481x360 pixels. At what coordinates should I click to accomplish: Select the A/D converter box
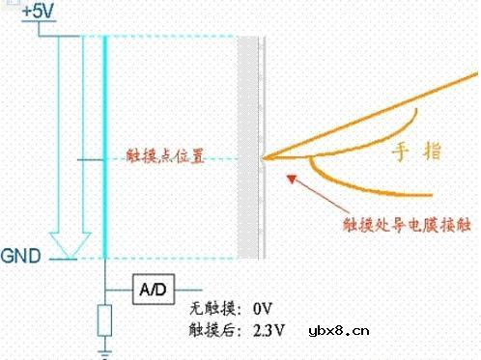point(154,288)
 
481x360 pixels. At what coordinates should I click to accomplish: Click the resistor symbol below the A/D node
point(104,320)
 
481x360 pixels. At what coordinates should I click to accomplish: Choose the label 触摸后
point(212,331)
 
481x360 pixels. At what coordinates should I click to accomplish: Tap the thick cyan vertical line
point(104,145)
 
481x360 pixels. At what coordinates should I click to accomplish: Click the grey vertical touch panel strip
point(248,145)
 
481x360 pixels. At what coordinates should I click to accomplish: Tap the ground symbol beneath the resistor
point(104,352)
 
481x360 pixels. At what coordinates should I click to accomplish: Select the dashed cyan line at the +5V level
point(174,38)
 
